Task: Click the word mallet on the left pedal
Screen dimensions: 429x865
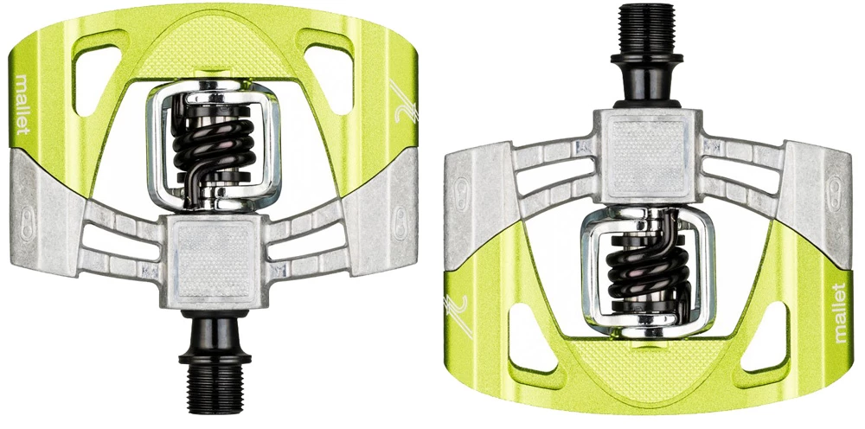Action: (23, 103)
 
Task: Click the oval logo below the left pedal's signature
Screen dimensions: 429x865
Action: (400, 216)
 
